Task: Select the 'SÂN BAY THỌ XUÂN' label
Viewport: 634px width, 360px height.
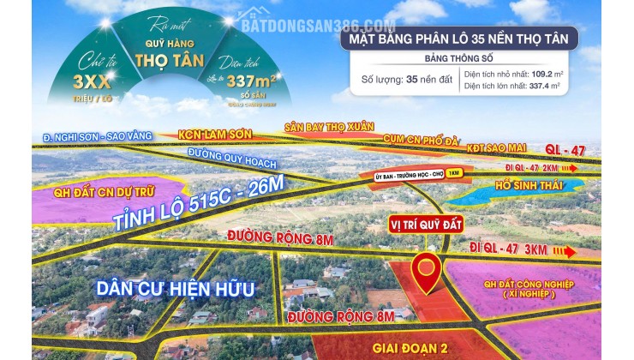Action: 330,127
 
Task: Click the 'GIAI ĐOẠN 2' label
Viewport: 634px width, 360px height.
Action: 410,348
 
